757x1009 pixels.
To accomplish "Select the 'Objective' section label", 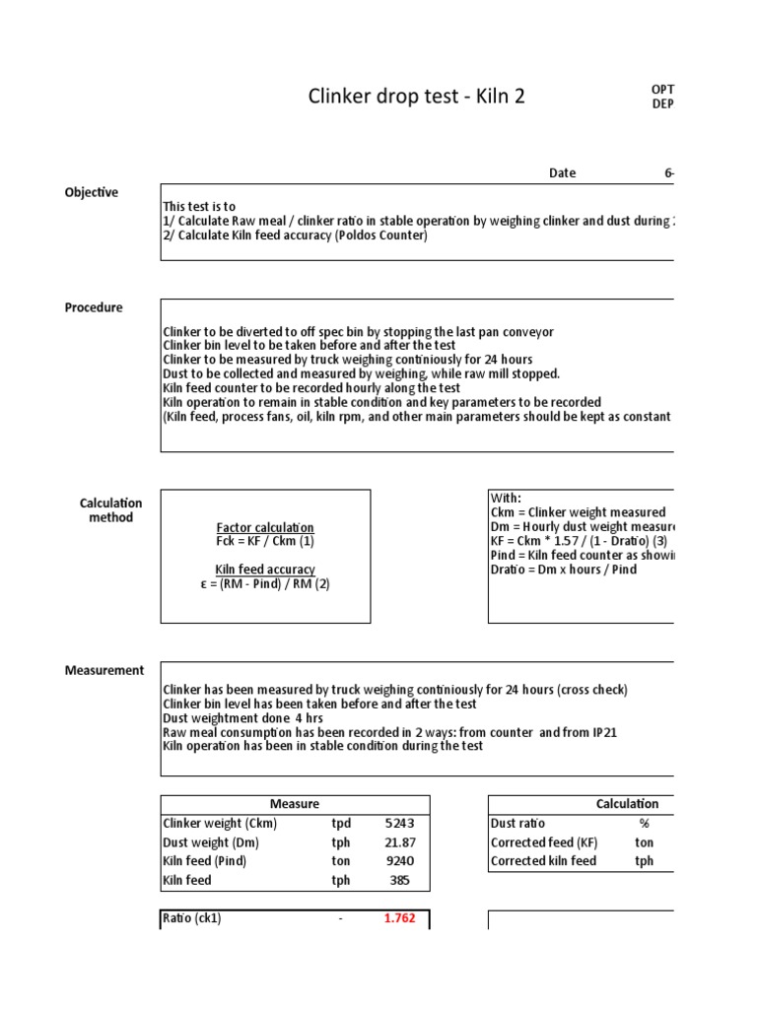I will [92, 192].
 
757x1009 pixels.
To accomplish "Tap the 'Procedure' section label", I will [94, 307].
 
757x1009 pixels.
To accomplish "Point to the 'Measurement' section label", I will [104, 670].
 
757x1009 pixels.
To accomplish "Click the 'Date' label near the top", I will [562, 172].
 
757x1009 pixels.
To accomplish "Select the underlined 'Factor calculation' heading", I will [264, 528].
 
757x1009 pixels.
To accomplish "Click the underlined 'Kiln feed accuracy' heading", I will [264, 570].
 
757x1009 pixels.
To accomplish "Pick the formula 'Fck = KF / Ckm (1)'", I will [264, 542].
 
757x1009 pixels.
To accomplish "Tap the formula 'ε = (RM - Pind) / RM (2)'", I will [264, 583].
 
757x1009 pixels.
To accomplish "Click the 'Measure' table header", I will [295, 804].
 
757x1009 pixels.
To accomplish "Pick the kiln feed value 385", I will [399, 880].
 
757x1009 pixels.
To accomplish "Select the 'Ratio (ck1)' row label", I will [192, 919].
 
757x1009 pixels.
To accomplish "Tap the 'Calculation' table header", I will [627, 804].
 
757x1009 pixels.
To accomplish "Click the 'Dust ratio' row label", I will [517, 823].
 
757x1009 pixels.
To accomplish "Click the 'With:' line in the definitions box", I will [506, 498].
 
